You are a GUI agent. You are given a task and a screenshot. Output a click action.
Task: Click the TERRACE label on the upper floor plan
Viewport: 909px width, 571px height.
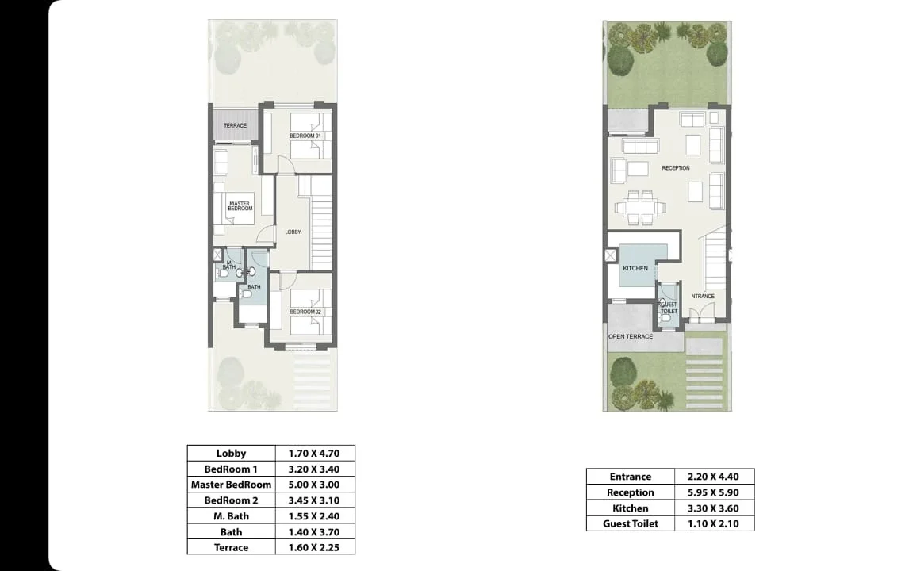point(236,125)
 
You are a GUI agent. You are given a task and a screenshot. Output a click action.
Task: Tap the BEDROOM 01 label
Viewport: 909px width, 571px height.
point(305,136)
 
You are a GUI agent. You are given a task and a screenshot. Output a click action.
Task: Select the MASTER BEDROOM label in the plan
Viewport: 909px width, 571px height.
point(240,205)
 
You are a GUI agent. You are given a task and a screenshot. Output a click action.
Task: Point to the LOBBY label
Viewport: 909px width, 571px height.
point(293,232)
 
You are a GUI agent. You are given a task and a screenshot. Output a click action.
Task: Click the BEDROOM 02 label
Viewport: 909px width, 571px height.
point(305,312)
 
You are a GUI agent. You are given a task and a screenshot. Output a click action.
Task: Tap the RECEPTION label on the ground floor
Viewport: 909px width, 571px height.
point(676,168)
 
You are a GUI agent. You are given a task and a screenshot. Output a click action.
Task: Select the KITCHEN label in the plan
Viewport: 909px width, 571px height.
point(635,268)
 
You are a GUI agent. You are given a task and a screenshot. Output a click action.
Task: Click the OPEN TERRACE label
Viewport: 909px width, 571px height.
point(631,336)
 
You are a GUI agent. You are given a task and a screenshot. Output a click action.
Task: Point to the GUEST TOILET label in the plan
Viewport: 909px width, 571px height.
point(669,308)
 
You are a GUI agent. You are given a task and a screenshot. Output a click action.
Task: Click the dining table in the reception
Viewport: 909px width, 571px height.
point(641,207)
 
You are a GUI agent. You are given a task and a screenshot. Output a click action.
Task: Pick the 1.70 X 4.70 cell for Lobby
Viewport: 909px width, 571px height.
point(314,454)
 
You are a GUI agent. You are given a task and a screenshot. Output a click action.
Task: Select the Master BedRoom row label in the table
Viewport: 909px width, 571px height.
point(232,485)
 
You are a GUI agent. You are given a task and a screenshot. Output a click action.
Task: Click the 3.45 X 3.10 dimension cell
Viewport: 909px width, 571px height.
point(314,500)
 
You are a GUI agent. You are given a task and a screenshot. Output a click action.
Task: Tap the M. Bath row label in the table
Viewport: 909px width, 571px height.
point(232,516)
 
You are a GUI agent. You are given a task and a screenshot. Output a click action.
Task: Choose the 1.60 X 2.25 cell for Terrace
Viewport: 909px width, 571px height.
point(314,547)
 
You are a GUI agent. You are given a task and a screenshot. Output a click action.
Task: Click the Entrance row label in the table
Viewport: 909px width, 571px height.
point(631,477)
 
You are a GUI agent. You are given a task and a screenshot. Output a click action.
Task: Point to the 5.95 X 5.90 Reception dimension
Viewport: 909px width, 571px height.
point(714,492)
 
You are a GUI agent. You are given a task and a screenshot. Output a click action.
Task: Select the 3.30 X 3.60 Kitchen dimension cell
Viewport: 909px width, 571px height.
point(714,508)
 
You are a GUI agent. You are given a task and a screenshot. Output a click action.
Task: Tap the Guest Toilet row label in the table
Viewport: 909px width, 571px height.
point(631,523)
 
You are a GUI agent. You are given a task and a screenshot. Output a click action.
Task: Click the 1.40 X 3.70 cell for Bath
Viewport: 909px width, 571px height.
point(314,531)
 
